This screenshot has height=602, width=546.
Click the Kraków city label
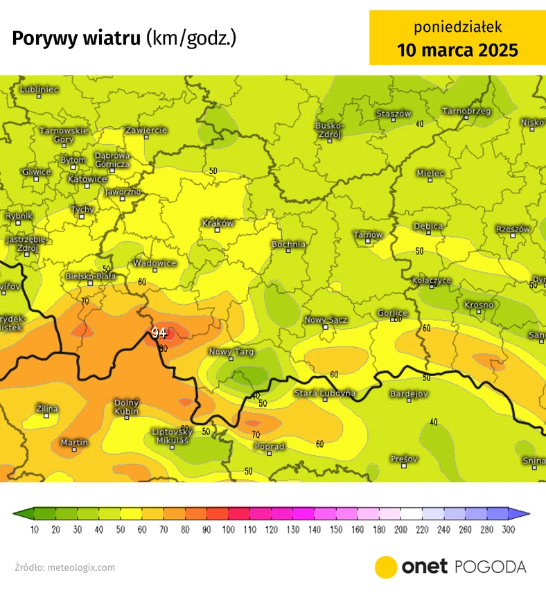(218, 223)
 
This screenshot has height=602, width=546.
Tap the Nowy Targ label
(231, 353)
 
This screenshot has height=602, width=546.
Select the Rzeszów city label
(513, 229)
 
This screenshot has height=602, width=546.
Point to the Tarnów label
(368, 235)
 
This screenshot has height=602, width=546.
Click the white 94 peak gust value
(159, 333)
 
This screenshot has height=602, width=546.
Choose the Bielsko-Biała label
(90, 276)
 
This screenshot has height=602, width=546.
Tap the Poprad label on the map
(270, 447)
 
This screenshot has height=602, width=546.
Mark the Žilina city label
(47, 409)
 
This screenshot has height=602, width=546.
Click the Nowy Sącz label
(326, 320)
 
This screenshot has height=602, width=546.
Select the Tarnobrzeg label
(466, 111)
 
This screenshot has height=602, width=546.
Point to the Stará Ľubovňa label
(325, 393)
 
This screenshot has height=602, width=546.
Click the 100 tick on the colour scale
(229, 530)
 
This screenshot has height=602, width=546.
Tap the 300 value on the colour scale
(509, 530)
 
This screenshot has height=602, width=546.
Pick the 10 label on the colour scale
(35, 530)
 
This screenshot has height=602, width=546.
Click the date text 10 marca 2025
(457, 50)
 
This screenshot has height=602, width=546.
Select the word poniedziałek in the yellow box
(457, 27)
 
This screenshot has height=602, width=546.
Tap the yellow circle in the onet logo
(385, 567)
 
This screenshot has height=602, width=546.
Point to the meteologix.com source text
(81, 567)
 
